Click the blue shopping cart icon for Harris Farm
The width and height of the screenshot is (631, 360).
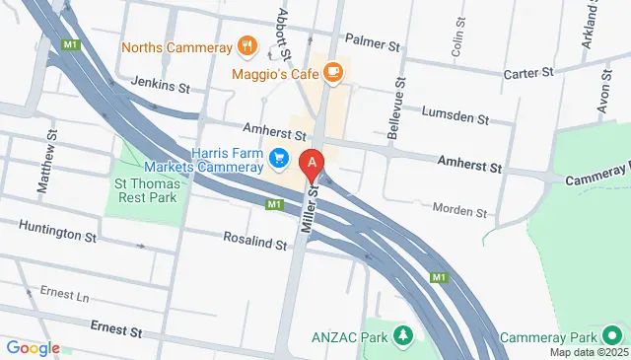280,157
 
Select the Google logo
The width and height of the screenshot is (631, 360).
33,348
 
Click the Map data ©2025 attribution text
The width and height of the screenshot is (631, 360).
588,352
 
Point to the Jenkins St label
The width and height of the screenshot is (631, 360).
144,88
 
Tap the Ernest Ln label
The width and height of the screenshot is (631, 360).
64,294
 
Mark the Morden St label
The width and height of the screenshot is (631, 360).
460,211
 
